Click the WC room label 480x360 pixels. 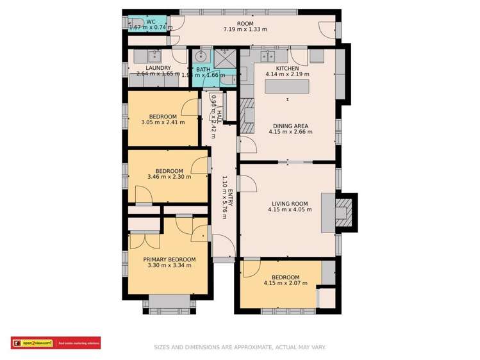click(151, 22)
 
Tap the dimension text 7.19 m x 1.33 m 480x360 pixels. click(245, 29)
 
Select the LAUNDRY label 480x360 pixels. click(158, 67)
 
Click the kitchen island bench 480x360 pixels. click(288, 86)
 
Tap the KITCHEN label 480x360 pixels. click(288, 68)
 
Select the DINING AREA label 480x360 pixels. click(290, 126)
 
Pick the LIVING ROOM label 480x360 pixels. click(290, 204)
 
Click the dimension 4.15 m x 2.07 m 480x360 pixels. click(282, 282)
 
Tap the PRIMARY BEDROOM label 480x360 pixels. click(169, 259)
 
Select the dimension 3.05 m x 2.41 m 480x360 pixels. click(163, 122)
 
